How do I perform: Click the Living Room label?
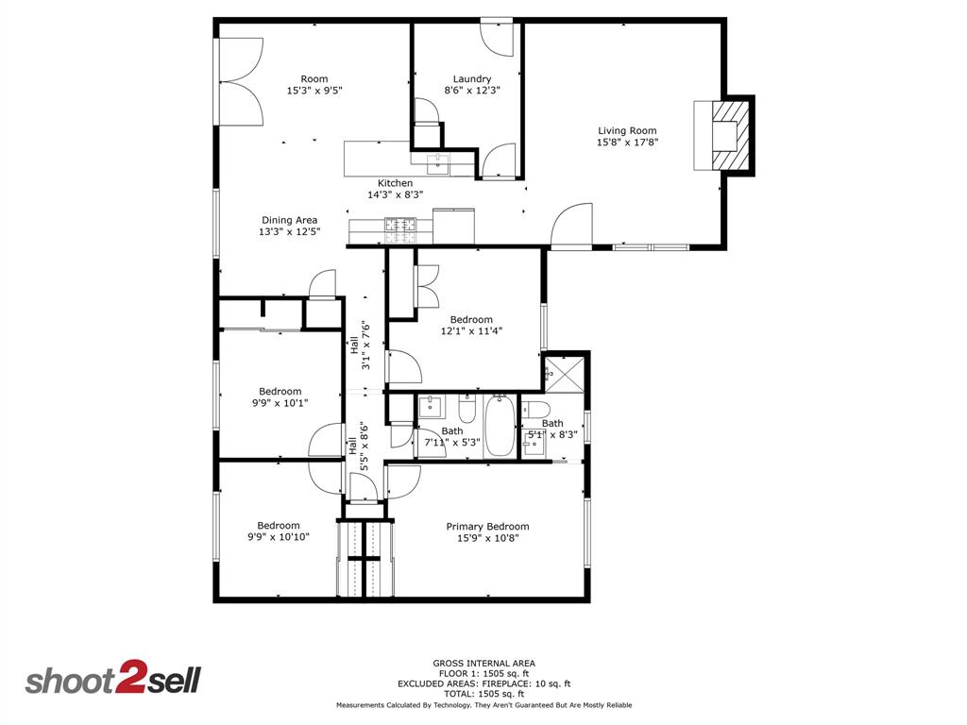coord(626,131)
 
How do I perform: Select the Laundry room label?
coord(471,79)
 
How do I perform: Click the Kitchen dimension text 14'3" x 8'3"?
coord(395,195)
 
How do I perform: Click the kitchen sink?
coord(439,164)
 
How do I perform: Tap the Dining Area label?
coord(289,220)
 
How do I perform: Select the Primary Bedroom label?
coord(487,527)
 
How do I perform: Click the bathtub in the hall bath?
coord(500,427)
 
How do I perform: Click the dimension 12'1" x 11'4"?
coord(471,331)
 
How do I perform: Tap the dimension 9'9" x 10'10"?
coord(279,537)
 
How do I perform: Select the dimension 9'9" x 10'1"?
coord(280,403)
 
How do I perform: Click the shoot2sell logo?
coord(112,681)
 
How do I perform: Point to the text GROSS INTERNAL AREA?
coord(483,664)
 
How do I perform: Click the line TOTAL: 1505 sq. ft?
coord(483,694)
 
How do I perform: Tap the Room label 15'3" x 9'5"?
coord(314,92)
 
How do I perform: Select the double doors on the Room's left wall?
coord(240,81)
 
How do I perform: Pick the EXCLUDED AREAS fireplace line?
coord(483,683)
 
